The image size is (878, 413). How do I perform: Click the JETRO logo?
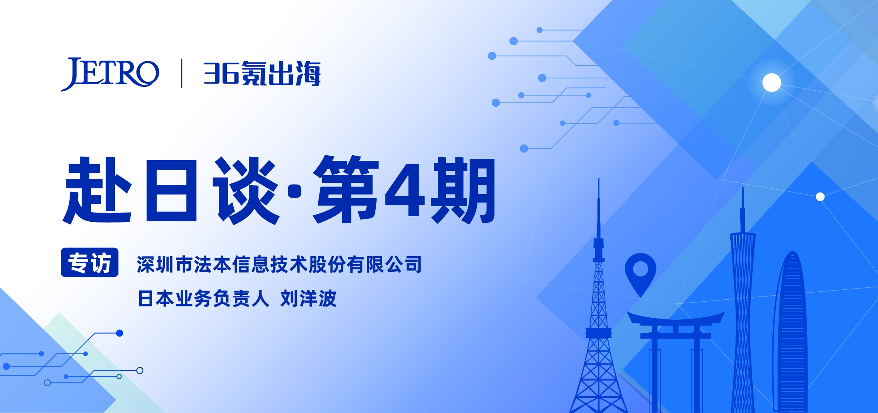tap(110, 74)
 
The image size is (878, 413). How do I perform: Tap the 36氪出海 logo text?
tap(262, 74)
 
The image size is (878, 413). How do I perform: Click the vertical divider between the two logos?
tap(182, 73)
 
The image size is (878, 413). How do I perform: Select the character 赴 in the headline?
tap(97, 190)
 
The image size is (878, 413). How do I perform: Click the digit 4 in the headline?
tap(405, 190)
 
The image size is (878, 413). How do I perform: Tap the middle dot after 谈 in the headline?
tap(295, 191)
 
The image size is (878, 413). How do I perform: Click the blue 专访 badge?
tap(90, 263)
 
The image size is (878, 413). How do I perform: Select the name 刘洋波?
tap(308, 299)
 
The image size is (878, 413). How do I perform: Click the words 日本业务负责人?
tap(203, 299)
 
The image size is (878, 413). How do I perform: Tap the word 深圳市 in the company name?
tap(164, 265)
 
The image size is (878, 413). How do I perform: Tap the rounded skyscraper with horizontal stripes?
tap(792, 332)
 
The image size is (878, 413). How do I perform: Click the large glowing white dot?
tap(772, 83)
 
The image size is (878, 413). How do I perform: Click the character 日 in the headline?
tap(171, 190)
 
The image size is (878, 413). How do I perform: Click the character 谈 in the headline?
tap(246, 190)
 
